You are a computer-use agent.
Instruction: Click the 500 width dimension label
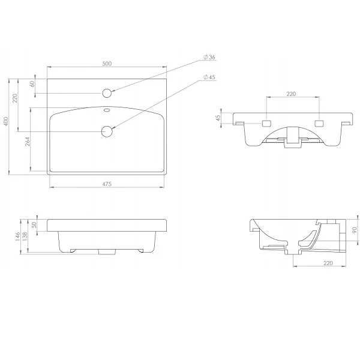[107, 64]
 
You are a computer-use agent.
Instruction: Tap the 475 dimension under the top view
[107, 184]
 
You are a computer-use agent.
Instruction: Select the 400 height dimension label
[6, 121]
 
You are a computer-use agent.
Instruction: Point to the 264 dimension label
[27, 142]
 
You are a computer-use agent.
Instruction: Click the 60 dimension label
[32, 84]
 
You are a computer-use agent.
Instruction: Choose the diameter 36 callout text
[209, 57]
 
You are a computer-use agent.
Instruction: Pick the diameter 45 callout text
[209, 77]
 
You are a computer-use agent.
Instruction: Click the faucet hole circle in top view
[107, 93]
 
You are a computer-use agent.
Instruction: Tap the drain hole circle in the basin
[107, 131]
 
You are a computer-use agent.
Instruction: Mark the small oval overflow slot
[107, 110]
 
